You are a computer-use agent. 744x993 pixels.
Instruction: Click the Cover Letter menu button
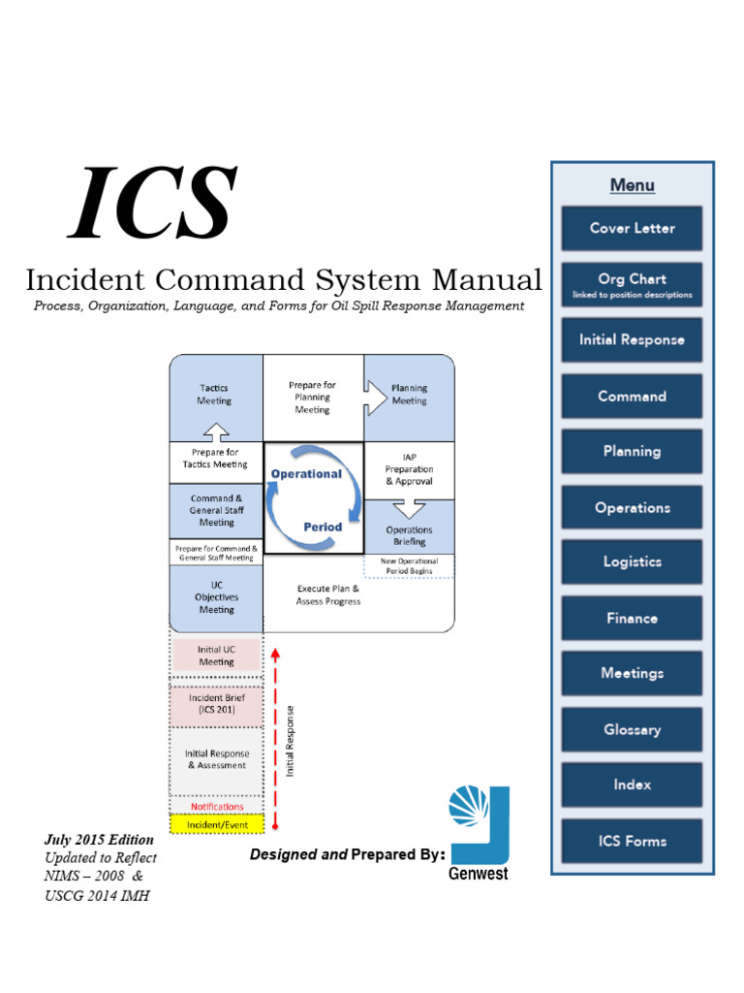click(x=632, y=229)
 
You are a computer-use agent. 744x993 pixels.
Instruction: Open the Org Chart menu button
click(x=632, y=285)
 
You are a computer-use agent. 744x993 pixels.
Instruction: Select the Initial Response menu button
click(x=632, y=340)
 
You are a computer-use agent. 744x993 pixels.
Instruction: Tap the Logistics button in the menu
click(x=632, y=562)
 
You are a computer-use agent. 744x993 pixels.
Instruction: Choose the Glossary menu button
click(x=632, y=730)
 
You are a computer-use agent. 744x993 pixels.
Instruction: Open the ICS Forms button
click(x=632, y=842)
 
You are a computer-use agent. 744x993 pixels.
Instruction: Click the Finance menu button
click(x=632, y=619)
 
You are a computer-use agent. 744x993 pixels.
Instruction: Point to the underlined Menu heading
click(x=632, y=185)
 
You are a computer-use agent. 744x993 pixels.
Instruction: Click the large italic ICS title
click(x=153, y=204)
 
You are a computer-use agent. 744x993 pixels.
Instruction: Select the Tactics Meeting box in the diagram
click(x=215, y=395)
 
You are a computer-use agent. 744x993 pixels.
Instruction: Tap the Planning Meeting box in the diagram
click(x=409, y=395)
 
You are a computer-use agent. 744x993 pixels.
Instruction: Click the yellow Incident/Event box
click(x=216, y=825)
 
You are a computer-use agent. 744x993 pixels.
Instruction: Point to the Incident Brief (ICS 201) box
click(x=216, y=703)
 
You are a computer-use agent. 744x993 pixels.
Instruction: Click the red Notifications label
click(x=217, y=807)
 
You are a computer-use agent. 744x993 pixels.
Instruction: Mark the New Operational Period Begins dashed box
click(x=409, y=566)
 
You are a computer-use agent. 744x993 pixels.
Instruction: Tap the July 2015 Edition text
click(x=99, y=840)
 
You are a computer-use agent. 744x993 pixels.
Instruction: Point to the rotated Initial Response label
click(x=291, y=739)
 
